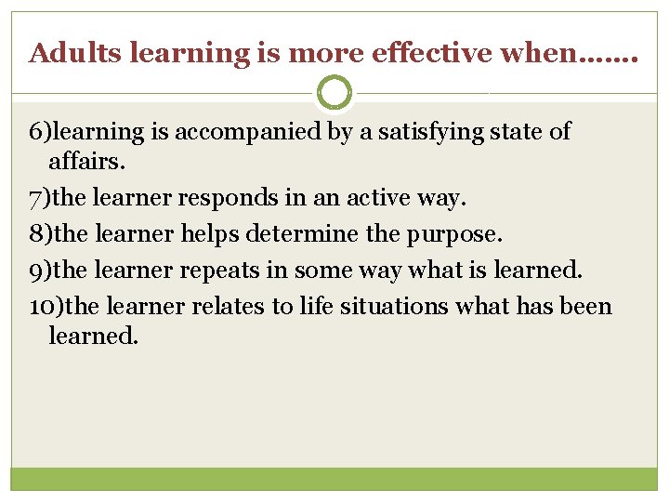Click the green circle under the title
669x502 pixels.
[334, 93]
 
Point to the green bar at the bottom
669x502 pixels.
[334, 478]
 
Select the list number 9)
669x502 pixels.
[43, 271]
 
